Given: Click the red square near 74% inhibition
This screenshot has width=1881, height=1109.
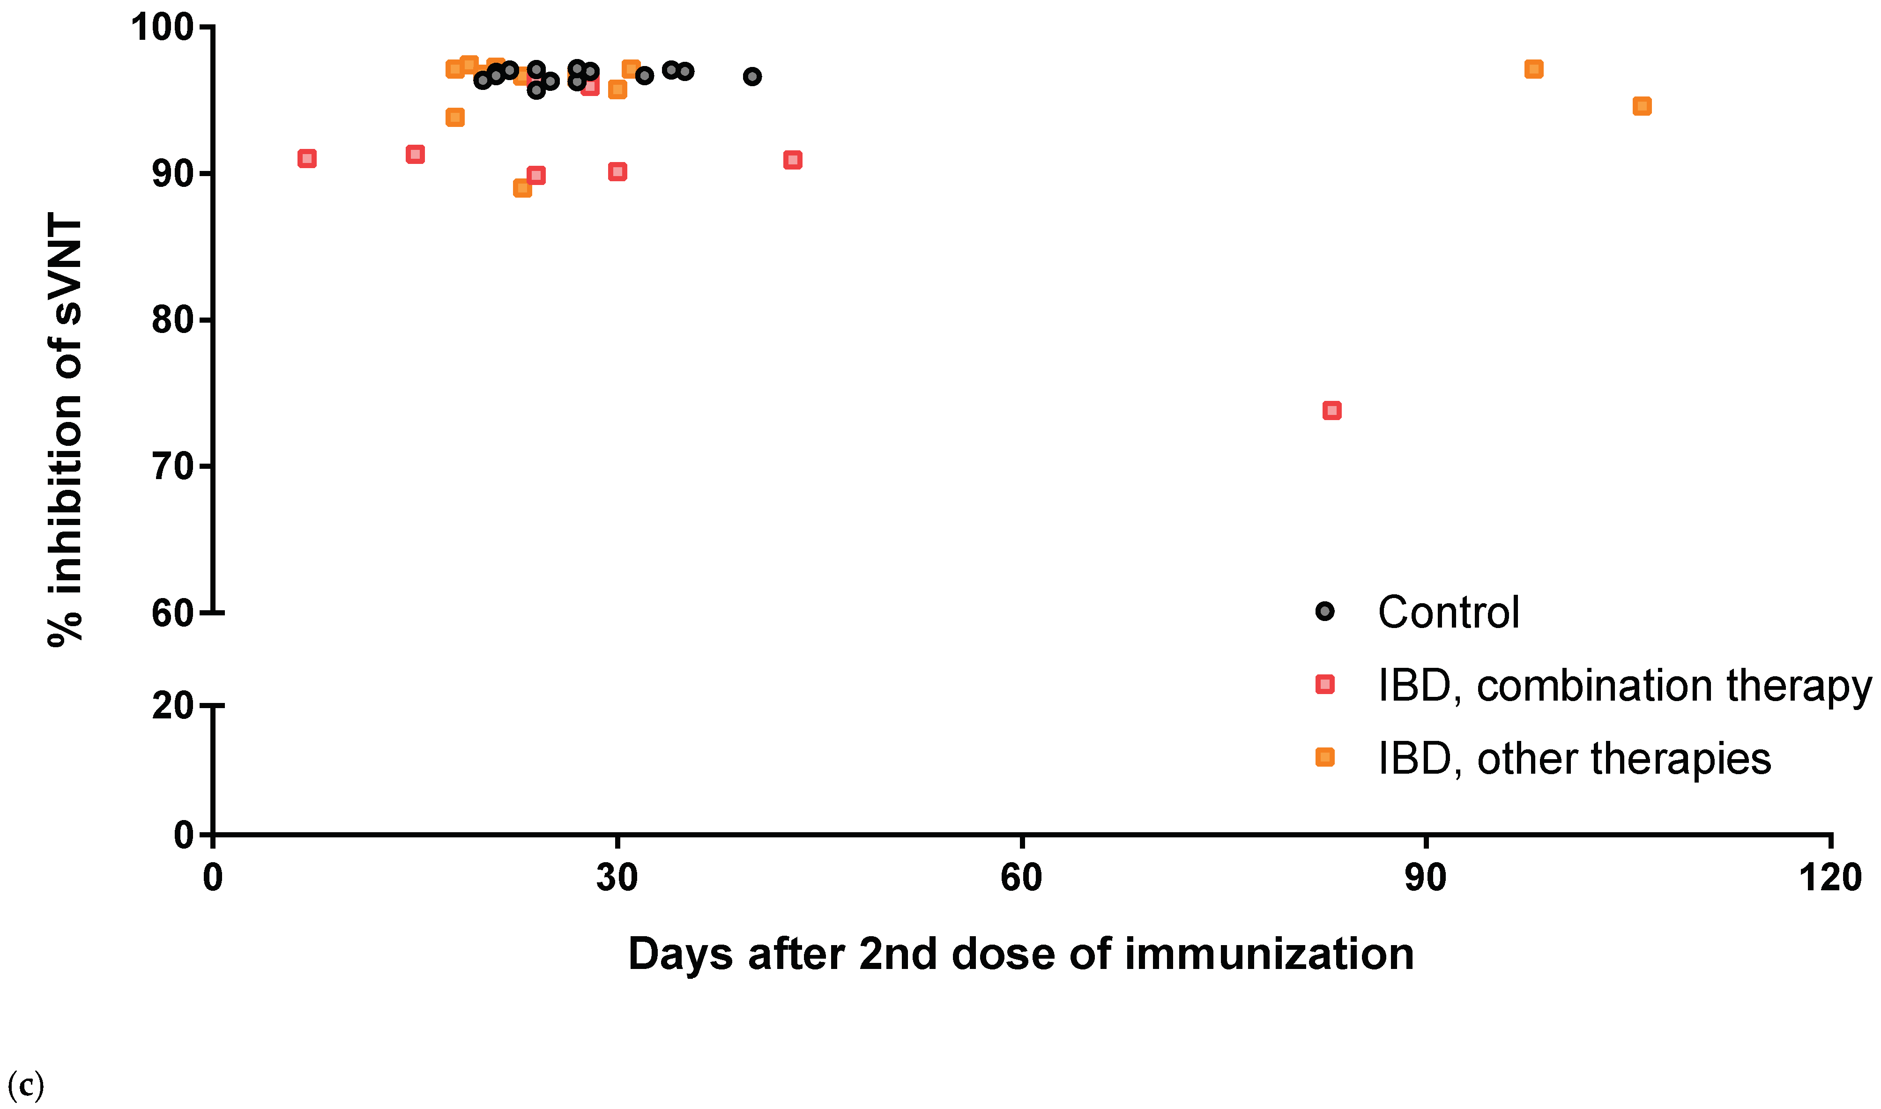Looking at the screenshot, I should [x=1331, y=410].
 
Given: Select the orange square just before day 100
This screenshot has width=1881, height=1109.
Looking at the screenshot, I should [x=1533, y=69].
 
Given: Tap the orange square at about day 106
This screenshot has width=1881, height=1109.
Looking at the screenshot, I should [x=1641, y=106].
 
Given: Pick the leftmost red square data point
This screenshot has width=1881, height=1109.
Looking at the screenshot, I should [x=306, y=158].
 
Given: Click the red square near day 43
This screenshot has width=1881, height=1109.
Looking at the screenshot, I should [x=792, y=160].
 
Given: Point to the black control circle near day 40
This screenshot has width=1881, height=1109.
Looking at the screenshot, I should [x=752, y=76].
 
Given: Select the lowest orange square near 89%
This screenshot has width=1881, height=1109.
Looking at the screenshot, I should [x=522, y=188].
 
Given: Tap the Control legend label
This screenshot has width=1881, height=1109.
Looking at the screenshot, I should [x=1448, y=613].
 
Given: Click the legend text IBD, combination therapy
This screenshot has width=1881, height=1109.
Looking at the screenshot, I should [x=1623, y=686].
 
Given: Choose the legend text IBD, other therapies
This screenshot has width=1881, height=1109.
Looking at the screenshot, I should [x=1574, y=759].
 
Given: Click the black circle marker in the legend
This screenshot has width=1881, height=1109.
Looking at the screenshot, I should [x=1324, y=611].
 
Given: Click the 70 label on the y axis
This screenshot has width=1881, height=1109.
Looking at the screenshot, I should [x=172, y=466].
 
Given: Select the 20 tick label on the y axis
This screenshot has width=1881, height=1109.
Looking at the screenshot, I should [x=172, y=705].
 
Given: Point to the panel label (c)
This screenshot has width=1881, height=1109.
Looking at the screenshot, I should [x=25, y=1084].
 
